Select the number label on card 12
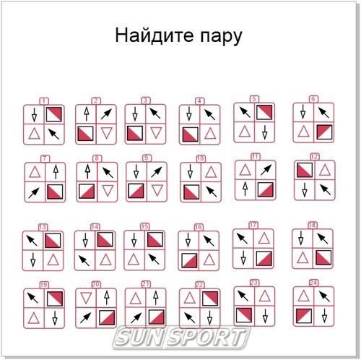pos(314,156)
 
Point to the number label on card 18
pos(313,225)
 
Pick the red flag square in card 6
pos(323,132)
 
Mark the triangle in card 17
pos(265,238)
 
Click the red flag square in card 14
pos(106,240)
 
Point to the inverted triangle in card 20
pos(88,297)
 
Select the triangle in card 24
pos(304,296)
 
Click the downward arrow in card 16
pos(190,239)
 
